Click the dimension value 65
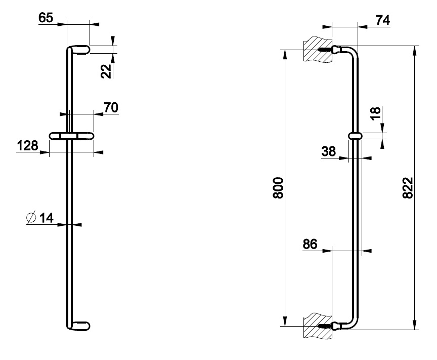coord(46,18)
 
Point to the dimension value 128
coord(27,146)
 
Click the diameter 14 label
coord(46,218)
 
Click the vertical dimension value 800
coord(278,188)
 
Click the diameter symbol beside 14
coord(31,218)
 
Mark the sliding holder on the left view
coord(71,136)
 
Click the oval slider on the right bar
coord(356,136)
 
